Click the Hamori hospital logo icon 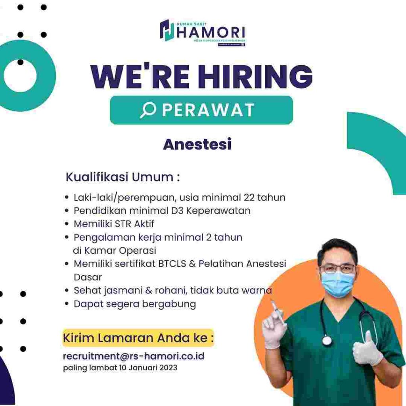tap(167, 30)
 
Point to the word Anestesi tap(197, 144)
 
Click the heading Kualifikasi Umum tap(123, 177)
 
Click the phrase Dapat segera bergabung tap(135, 304)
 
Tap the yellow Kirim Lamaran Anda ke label tap(138, 338)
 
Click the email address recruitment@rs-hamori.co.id tap(134, 356)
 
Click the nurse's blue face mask tap(337, 284)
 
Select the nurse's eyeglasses tap(337, 268)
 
